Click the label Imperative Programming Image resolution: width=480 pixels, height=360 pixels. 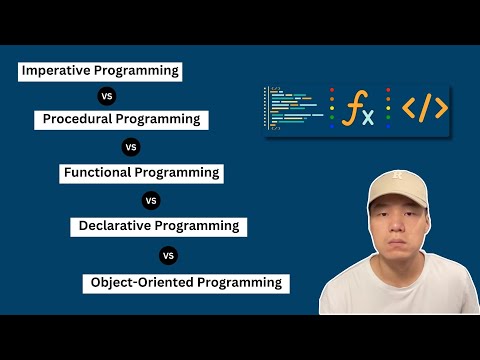(x=99, y=71)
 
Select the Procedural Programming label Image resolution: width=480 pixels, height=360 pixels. (x=121, y=119)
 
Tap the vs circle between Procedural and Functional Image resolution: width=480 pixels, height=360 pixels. (x=129, y=146)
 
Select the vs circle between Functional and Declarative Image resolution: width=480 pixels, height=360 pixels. (x=152, y=199)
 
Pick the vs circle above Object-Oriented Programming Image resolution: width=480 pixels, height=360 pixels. (x=168, y=255)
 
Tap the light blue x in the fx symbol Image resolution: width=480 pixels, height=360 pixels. (x=368, y=118)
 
